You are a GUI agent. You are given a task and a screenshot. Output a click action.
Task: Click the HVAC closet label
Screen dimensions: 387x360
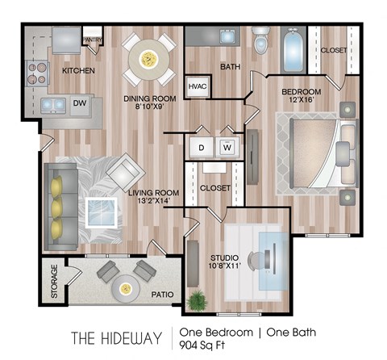click(x=198, y=86)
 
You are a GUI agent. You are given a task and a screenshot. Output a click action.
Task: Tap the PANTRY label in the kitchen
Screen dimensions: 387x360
click(x=93, y=40)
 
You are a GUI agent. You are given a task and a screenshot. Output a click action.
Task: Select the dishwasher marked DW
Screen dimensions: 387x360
click(x=80, y=105)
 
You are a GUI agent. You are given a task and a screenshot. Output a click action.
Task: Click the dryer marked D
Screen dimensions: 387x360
click(x=202, y=148)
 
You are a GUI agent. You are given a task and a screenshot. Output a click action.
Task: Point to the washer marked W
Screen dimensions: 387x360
click(x=227, y=148)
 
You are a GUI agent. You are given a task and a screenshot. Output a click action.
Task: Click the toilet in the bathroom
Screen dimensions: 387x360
click(x=261, y=40)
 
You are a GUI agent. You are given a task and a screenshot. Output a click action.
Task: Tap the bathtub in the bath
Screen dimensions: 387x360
click(x=293, y=51)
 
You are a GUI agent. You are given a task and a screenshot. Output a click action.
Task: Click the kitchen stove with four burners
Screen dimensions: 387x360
click(x=37, y=73)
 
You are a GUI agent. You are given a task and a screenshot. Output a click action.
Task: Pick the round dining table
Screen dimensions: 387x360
click(x=149, y=60)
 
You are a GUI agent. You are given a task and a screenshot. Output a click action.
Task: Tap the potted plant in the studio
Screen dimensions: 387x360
click(x=198, y=300)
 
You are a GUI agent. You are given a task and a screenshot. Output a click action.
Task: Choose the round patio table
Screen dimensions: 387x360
click(x=126, y=289)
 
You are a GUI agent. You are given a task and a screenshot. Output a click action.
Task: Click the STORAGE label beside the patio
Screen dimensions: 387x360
click(x=54, y=281)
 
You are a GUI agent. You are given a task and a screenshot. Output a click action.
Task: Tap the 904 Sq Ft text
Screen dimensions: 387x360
click(x=202, y=345)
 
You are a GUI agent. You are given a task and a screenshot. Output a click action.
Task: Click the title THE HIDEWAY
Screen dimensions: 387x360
click(x=117, y=338)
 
